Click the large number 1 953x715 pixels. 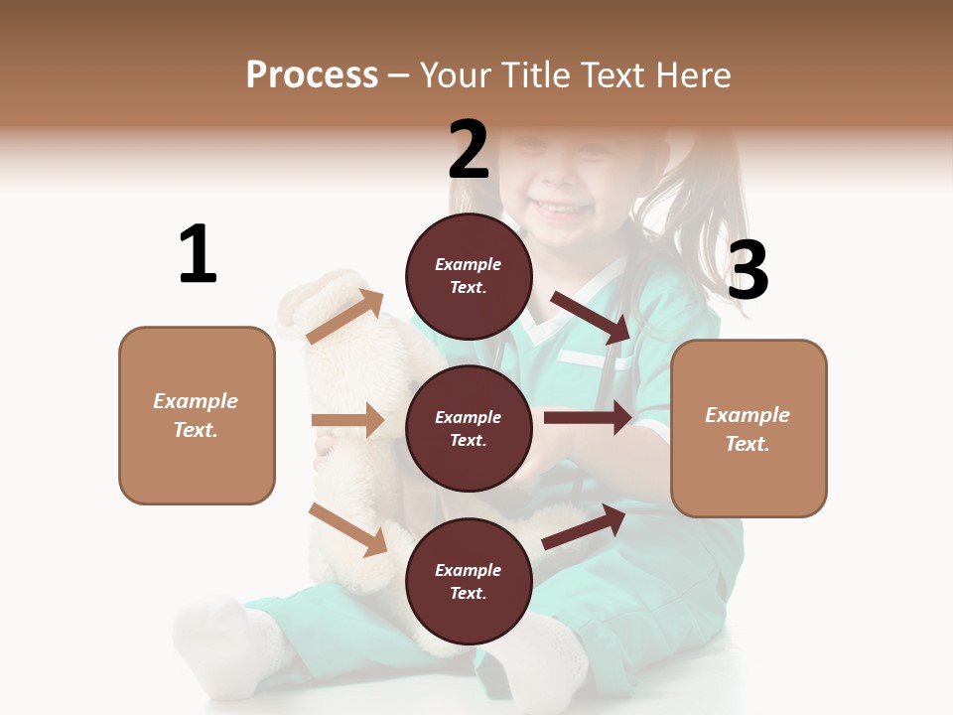(x=198, y=254)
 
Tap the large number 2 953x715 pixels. (x=469, y=150)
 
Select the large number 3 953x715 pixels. (x=748, y=270)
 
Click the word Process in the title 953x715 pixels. (x=312, y=74)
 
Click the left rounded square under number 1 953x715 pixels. (x=197, y=415)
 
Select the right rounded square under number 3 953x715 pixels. (x=749, y=428)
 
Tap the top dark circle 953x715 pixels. (x=469, y=276)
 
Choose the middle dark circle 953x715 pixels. (x=469, y=428)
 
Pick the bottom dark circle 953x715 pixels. (x=469, y=581)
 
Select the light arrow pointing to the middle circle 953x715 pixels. (x=347, y=420)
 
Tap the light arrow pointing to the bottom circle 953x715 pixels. (x=348, y=529)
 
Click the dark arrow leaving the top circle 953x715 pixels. (x=591, y=316)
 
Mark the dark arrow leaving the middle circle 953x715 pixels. (x=588, y=417)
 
